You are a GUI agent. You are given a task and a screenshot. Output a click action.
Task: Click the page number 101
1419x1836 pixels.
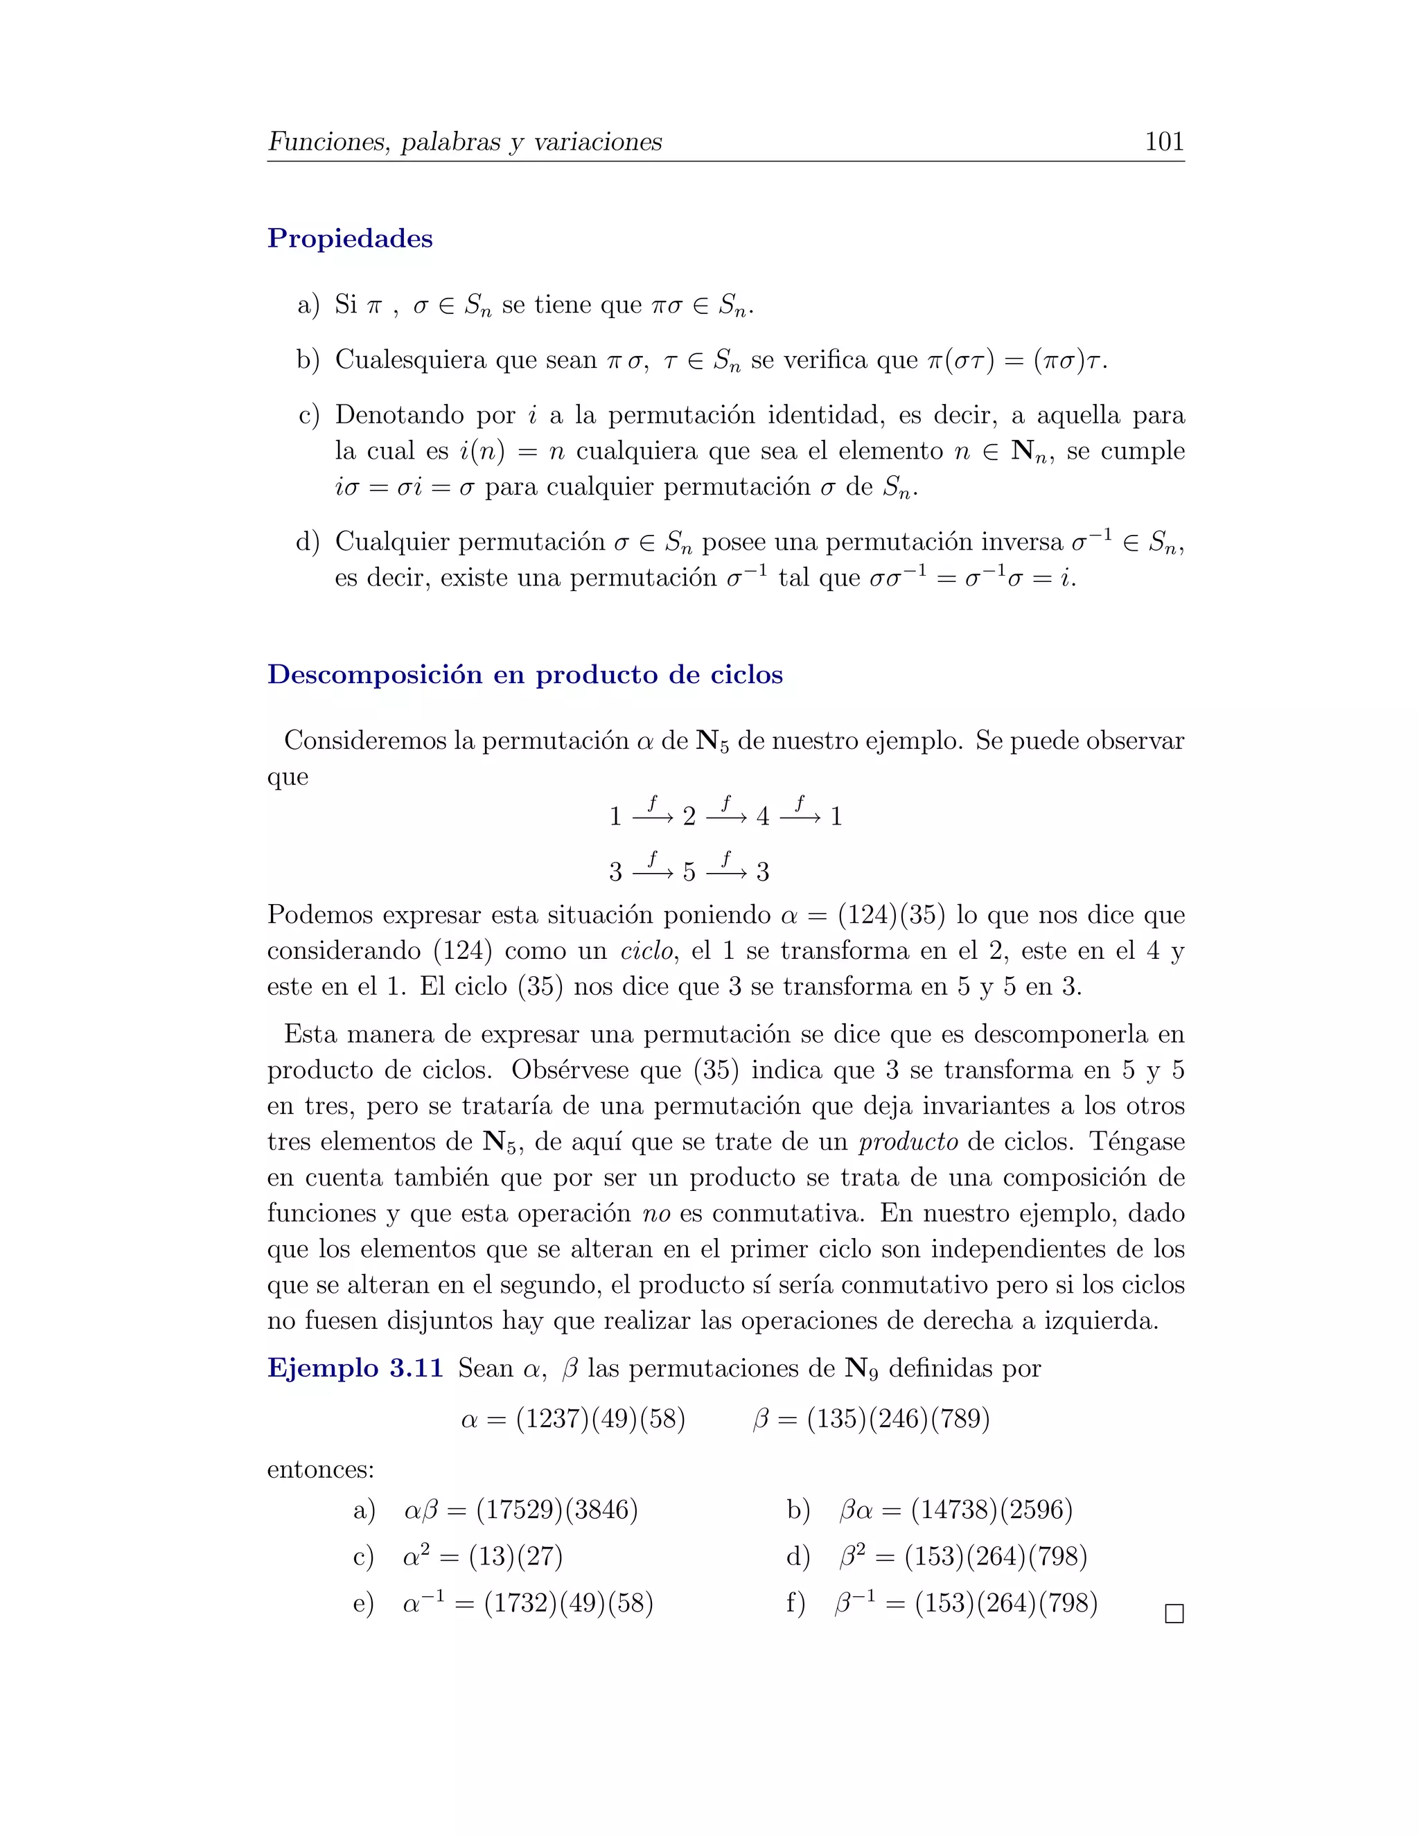(x=1163, y=141)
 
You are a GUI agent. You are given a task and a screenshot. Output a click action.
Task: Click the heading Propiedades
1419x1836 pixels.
(x=350, y=239)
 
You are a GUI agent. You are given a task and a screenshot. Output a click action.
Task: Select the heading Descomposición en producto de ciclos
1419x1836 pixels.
(x=525, y=675)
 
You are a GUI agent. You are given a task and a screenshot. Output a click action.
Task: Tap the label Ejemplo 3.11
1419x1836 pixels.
(x=355, y=1368)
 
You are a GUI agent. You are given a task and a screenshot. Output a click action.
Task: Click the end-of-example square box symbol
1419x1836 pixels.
(x=1174, y=1614)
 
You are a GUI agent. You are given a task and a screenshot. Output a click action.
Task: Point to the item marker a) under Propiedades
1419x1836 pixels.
(x=308, y=305)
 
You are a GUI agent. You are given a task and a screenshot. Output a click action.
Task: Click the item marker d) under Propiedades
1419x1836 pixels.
(x=308, y=542)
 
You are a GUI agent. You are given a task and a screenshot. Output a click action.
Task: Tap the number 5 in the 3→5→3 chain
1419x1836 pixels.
(x=689, y=872)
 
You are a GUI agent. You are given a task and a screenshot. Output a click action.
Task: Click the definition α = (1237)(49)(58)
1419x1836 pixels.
(x=573, y=1419)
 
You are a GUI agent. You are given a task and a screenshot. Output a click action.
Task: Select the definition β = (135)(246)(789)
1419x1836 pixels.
(x=871, y=1419)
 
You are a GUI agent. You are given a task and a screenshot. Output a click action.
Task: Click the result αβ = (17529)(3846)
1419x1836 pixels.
(x=520, y=1510)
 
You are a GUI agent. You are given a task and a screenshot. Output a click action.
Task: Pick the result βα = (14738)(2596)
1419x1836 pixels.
(x=955, y=1510)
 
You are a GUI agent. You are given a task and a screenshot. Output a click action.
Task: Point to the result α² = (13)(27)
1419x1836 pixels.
(x=482, y=1557)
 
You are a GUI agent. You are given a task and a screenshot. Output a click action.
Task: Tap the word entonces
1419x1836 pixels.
(x=320, y=1469)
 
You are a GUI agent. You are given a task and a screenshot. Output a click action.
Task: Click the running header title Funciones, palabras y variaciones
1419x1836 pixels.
(x=465, y=141)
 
